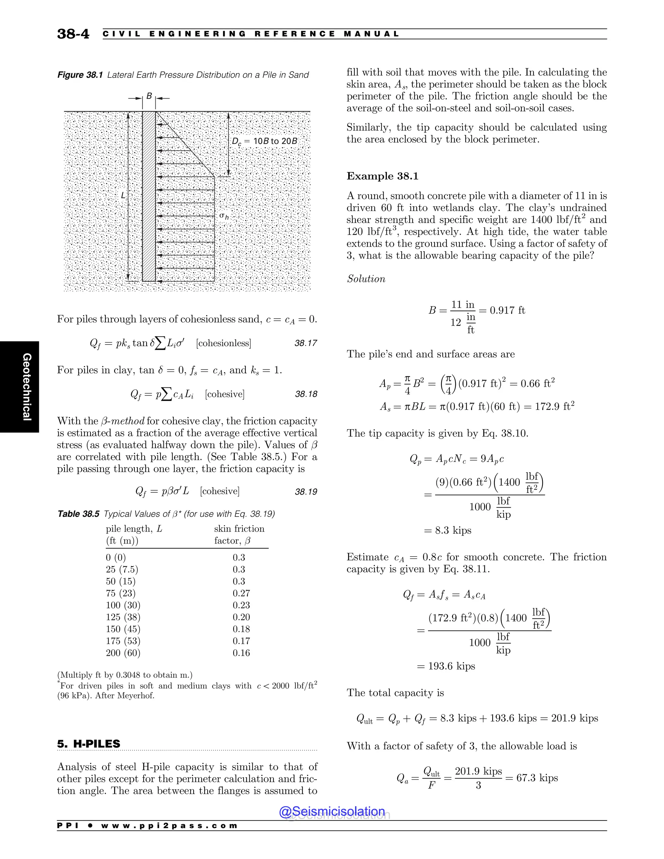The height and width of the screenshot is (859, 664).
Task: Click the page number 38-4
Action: click(73, 34)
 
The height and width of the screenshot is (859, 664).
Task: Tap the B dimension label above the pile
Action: click(149, 96)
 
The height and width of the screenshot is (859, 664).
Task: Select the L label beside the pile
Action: click(123, 195)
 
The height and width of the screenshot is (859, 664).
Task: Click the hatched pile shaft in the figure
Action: click(149, 197)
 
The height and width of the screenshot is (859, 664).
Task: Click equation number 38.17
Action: click(306, 343)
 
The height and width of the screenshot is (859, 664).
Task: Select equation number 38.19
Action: click(306, 492)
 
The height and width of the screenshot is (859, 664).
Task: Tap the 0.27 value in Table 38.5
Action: click(241, 593)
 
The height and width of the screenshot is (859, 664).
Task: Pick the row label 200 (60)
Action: click(123, 653)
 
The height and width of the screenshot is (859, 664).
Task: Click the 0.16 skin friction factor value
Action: click(241, 653)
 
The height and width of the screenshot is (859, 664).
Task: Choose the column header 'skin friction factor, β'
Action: click(239, 535)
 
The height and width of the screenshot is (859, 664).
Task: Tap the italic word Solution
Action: click(366, 279)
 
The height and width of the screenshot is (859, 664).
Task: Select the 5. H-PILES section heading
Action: click(89, 744)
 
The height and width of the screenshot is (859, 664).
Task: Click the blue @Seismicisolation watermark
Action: click(332, 811)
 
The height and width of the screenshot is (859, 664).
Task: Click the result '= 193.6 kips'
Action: click(446, 666)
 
